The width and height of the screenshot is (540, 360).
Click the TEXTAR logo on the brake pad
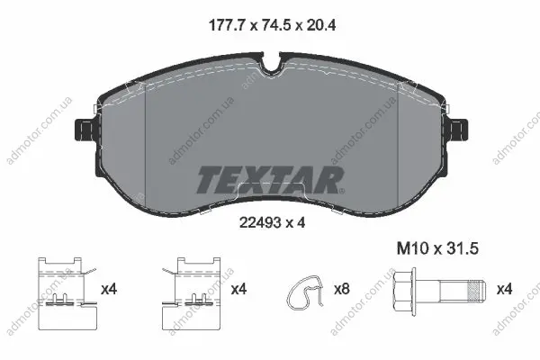pos(270,179)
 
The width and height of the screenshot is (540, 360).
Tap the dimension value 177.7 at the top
pos(227,25)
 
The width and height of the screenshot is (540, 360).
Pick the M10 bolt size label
pos(412,248)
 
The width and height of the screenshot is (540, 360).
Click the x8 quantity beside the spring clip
pos(341,289)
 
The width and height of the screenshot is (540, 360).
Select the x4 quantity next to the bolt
pos(504,289)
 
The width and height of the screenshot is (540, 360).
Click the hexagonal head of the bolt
pos(406,290)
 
